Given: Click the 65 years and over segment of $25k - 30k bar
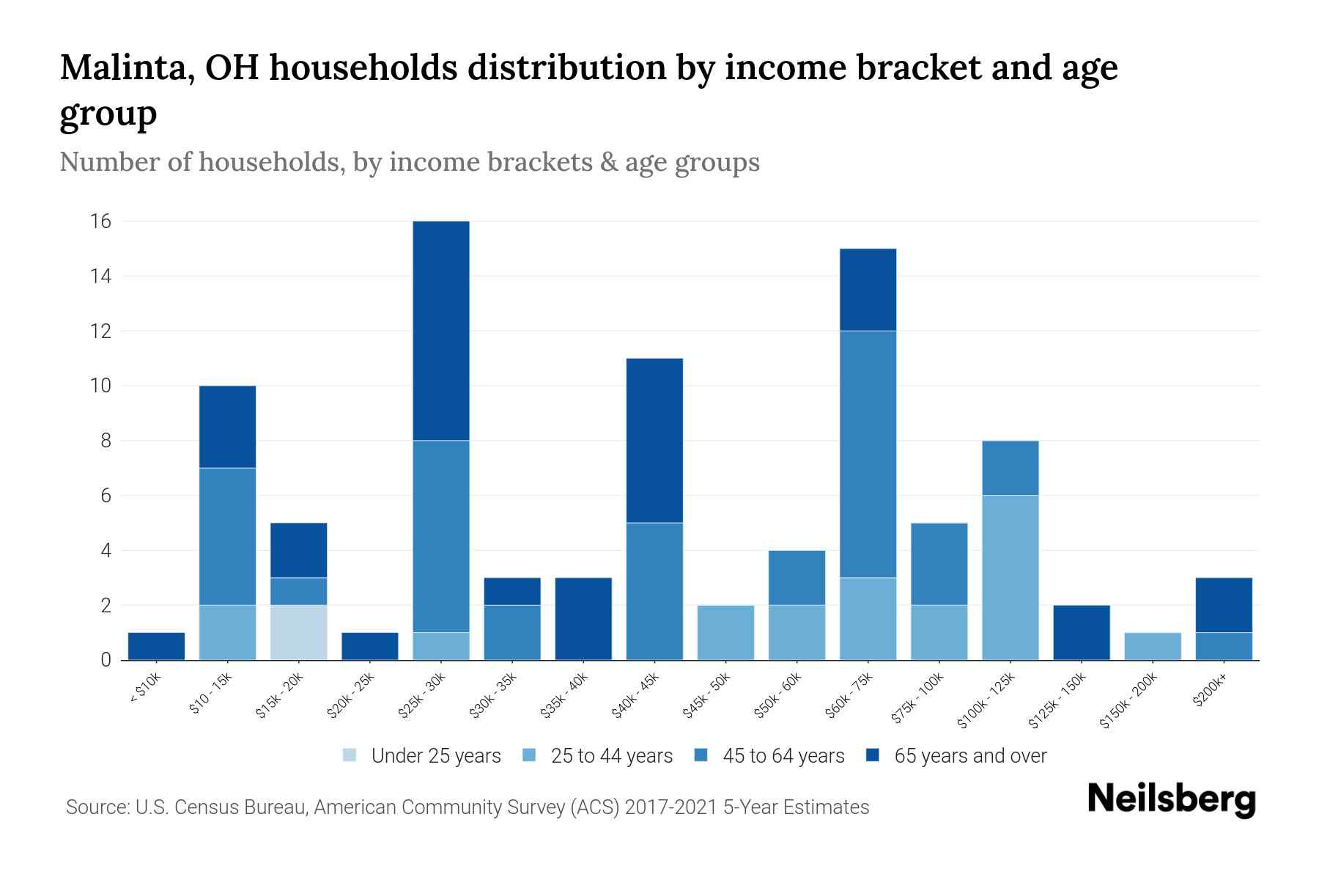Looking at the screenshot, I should [441, 331].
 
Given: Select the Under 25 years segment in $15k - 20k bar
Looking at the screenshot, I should [298, 632].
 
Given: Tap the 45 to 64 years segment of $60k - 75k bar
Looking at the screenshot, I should [868, 454].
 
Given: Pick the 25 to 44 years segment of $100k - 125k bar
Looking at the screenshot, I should [1010, 577].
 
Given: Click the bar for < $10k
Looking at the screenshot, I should [156, 646].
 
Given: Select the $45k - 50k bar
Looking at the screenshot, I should [725, 632].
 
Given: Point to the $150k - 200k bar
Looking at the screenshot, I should [1152, 646].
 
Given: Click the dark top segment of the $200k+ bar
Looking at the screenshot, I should [1223, 605].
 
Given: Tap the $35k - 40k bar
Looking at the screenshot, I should [583, 619].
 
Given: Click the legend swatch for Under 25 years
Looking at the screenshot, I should [350, 755].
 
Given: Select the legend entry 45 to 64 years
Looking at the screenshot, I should [783, 755].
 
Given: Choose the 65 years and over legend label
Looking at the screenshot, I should [969, 755].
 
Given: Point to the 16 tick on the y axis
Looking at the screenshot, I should [100, 221].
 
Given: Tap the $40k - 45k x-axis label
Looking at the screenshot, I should [636, 696].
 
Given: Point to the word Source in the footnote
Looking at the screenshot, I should [95, 807].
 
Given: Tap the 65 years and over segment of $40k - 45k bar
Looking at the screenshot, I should [654, 440].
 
